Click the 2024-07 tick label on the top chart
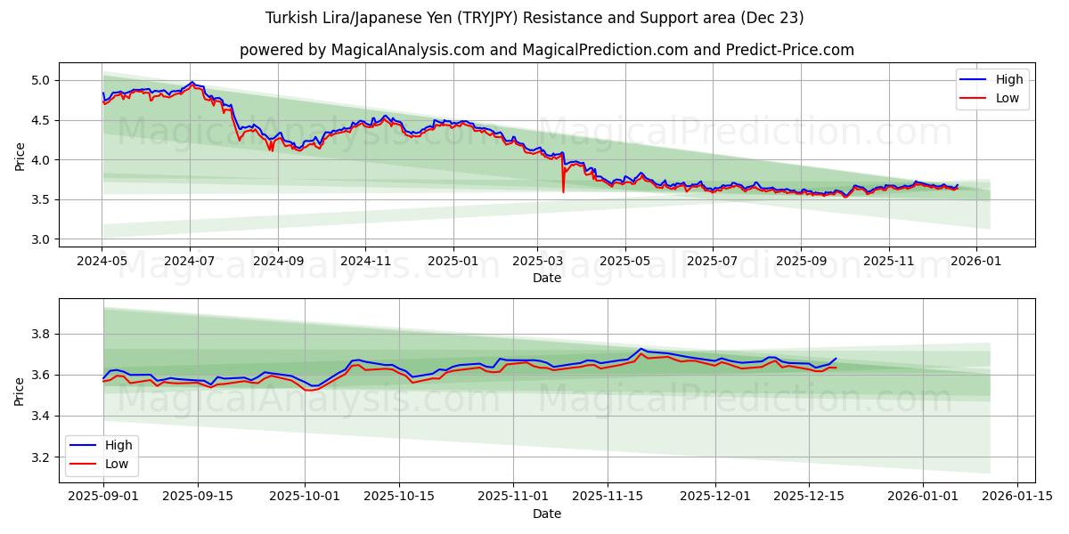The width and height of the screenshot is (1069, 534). [189, 262]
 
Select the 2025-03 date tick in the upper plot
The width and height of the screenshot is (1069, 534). [537, 262]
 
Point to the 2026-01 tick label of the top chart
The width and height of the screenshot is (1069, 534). [976, 262]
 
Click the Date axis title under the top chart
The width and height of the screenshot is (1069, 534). [547, 278]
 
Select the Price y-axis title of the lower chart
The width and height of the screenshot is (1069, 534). [20, 391]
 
